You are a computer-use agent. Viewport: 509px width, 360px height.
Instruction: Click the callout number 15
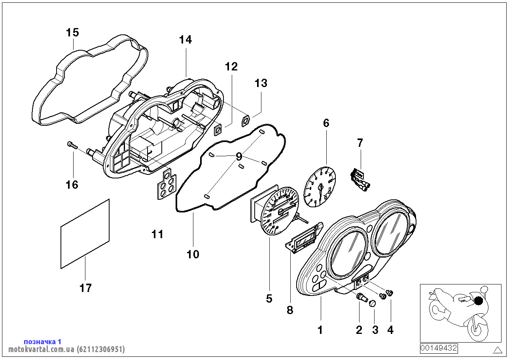click(x=73, y=32)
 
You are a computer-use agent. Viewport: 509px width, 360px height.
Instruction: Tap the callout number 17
click(x=85, y=288)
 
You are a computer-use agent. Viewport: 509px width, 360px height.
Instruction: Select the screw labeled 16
click(x=71, y=145)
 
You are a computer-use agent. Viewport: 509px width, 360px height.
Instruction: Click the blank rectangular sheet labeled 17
click(x=85, y=234)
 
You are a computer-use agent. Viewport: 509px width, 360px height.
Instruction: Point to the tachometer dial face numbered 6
click(x=320, y=186)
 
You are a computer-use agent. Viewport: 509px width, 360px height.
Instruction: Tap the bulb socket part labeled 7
click(x=359, y=179)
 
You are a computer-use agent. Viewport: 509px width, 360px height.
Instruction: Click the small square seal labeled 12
click(x=218, y=130)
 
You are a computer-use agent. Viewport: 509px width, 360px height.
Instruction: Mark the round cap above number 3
click(x=372, y=303)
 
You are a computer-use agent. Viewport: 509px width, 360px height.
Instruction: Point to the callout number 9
click(x=238, y=157)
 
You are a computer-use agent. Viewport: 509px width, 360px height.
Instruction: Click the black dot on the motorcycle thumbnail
click(x=479, y=301)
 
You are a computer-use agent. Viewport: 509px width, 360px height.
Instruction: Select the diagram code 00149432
click(x=439, y=348)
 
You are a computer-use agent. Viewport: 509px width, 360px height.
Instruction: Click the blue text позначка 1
click(x=43, y=341)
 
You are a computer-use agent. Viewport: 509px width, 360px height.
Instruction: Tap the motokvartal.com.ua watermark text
click(x=66, y=349)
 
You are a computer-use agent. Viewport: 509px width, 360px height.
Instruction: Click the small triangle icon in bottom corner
click(x=497, y=350)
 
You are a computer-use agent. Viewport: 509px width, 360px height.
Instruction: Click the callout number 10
click(x=193, y=254)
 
